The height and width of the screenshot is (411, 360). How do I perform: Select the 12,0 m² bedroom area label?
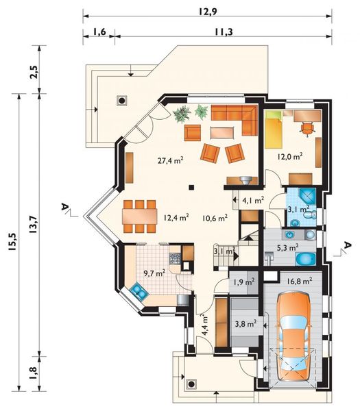[x=290, y=157]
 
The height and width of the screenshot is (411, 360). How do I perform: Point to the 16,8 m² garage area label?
[x=298, y=280]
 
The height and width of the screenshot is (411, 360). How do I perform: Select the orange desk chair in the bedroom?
[x=306, y=127]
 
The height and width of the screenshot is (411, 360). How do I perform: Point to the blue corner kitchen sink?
[x=139, y=292]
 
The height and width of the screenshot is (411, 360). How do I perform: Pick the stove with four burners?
[x=175, y=259]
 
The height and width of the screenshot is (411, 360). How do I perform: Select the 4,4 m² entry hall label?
[x=205, y=323]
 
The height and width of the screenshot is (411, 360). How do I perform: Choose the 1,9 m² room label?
[x=243, y=282]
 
